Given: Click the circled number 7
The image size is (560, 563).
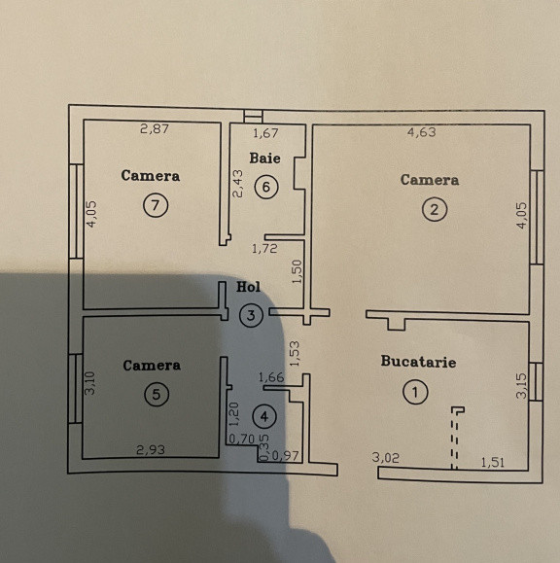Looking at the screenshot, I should pyautogui.click(x=155, y=204).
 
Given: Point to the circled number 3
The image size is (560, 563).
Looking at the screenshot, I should pyautogui.click(x=251, y=314).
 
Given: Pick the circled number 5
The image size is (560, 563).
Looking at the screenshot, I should pyautogui.click(x=155, y=394).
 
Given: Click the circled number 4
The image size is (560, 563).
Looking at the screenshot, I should pyautogui.click(x=262, y=416).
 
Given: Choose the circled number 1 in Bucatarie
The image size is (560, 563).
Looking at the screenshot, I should pyautogui.click(x=415, y=392).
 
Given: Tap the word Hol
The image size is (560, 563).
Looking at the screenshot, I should pyautogui.click(x=249, y=288).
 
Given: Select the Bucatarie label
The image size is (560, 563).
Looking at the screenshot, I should pyautogui.click(x=418, y=362).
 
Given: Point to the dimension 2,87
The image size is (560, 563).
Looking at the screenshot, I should pyautogui.click(x=155, y=128).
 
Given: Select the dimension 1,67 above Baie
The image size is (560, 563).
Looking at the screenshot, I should pyautogui.click(x=266, y=134).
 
